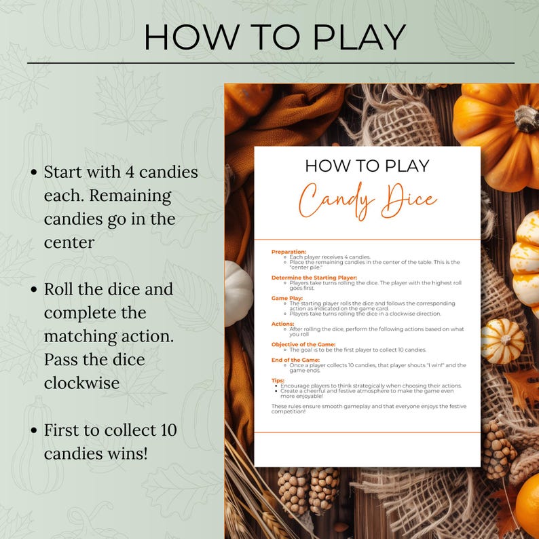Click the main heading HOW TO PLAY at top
(274, 37)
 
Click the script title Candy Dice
(368, 198)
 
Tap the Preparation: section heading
(289, 251)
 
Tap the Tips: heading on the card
(278, 381)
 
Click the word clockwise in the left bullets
(81, 382)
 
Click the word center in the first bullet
(69, 242)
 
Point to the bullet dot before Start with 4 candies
(33, 172)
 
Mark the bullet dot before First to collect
(33, 430)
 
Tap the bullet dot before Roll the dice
(33, 290)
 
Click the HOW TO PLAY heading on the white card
(367, 166)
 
